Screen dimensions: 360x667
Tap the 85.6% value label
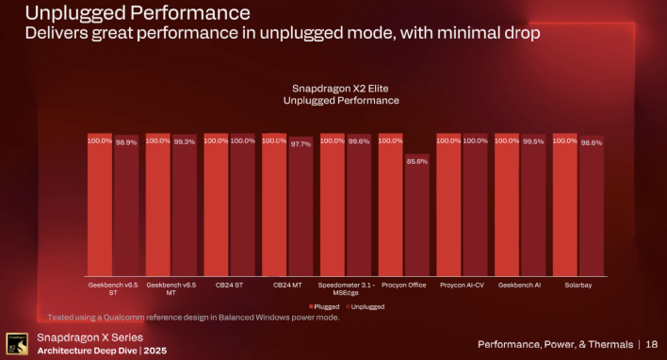point(416,161)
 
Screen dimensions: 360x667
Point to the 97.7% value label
point(301,144)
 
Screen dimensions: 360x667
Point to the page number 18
point(650,343)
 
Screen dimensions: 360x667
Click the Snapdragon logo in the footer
point(15,343)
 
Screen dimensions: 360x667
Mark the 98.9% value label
point(126,142)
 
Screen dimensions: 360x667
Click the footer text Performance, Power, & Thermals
point(554,343)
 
